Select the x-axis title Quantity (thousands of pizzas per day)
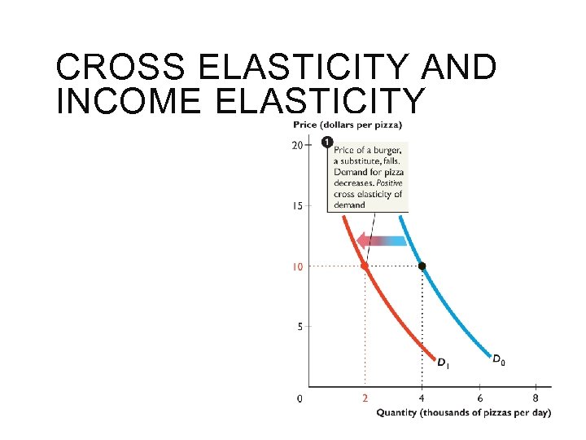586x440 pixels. tap(463, 412)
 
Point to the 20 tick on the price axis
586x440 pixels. tap(297, 145)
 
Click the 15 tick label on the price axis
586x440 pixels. tap(297, 206)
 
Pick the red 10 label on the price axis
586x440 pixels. tap(297, 266)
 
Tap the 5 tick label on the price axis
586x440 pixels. tap(300, 327)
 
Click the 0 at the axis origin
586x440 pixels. tap(300, 398)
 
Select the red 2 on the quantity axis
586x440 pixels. tap(365, 398)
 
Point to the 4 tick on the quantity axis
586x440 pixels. tap(422, 398)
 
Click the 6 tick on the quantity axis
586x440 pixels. tap(479, 398)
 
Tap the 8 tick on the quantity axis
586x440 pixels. tap(536, 398)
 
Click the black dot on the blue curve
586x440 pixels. tap(422, 266)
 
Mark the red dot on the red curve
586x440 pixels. tap(365, 266)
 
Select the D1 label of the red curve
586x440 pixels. tap(443, 363)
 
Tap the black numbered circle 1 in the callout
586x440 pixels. tap(327, 143)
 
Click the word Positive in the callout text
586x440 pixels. tap(387, 183)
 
